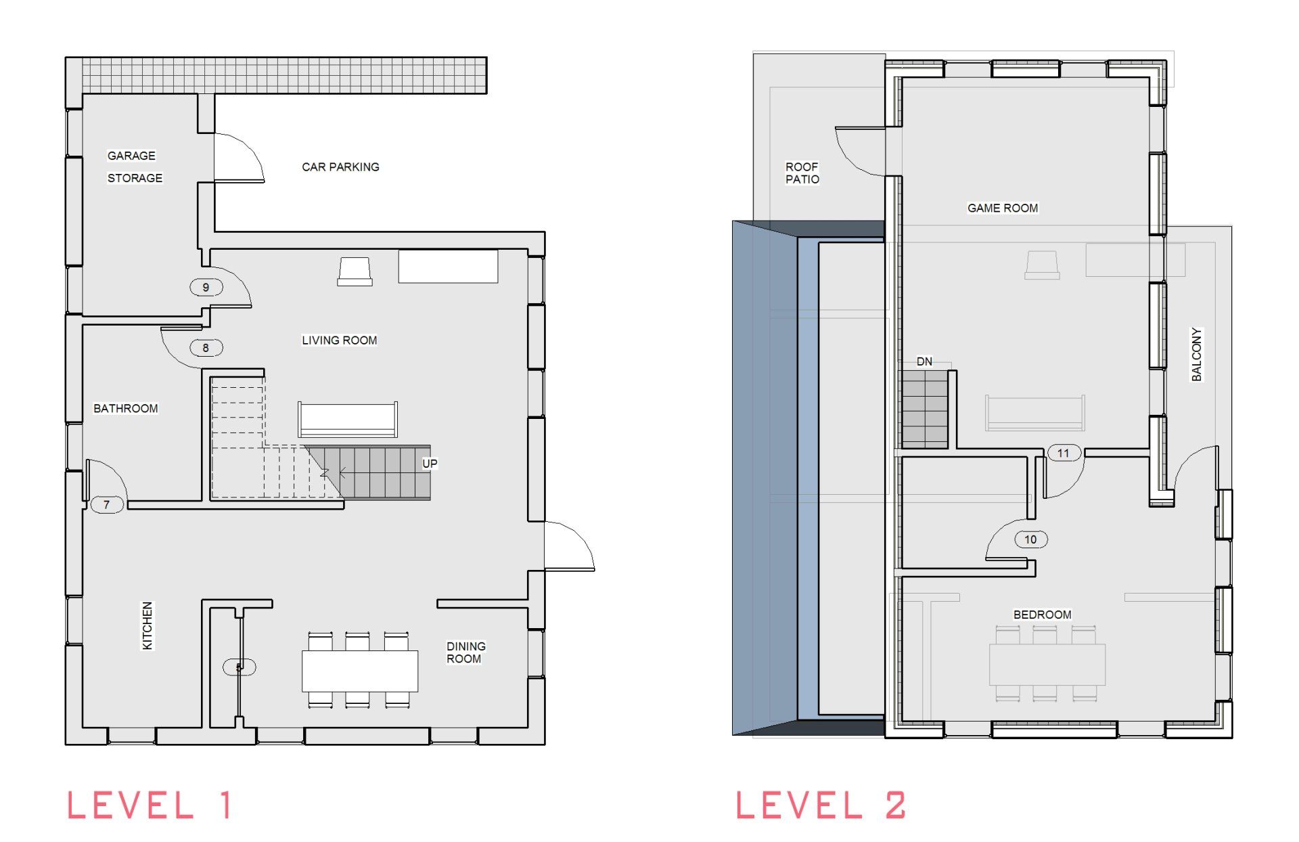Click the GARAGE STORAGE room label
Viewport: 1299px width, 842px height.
click(x=135, y=167)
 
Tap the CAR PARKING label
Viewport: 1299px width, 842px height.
click(x=340, y=167)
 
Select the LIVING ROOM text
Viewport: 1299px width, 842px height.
click(x=340, y=340)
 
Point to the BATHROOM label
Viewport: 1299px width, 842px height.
click(x=126, y=408)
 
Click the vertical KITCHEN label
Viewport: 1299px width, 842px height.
click(x=147, y=626)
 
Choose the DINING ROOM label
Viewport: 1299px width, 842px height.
click(x=465, y=652)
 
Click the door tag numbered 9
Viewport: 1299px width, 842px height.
click(x=206, y=287)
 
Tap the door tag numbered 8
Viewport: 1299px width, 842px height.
click(x=206, y=348)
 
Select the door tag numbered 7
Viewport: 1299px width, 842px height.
click(x=106, y=504)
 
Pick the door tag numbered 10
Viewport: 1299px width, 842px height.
click(x=1030, y=539)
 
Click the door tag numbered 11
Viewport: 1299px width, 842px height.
click(x=1063, y=453)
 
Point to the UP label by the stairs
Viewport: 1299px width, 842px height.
click(x=430, y=464)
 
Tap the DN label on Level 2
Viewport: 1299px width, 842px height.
click(x=924, y=361)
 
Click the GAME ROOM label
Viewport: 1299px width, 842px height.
click(x=1003, y=208)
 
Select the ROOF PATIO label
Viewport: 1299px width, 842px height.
click(x=802, y=173)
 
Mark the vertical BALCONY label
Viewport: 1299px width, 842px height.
click(x=1196, y=355)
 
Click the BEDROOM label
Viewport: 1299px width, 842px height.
click(x=1042, y=615)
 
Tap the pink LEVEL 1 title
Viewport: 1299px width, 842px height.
click(x=150, y=805)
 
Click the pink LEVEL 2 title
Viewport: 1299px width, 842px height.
click(x=821, y=805)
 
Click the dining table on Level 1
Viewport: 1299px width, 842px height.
click(x=360, y=671)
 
